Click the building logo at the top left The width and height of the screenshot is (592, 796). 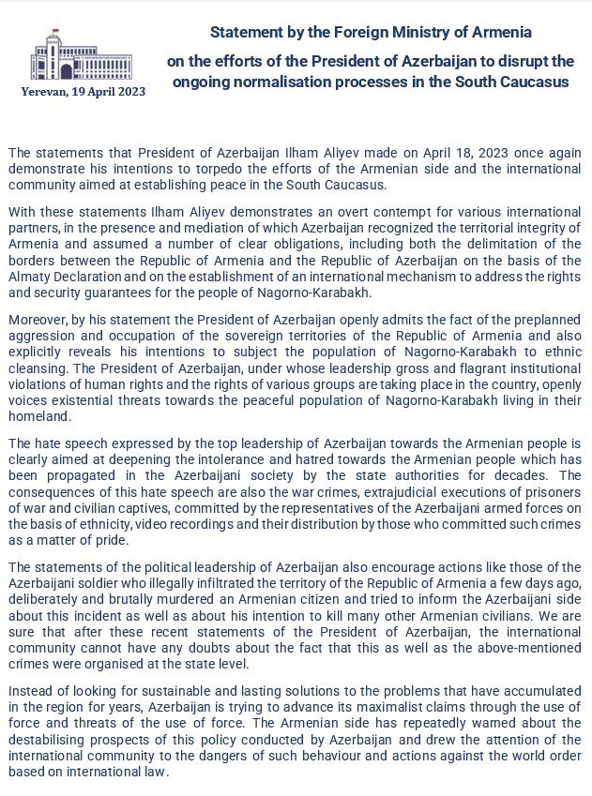coord(66,58)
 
